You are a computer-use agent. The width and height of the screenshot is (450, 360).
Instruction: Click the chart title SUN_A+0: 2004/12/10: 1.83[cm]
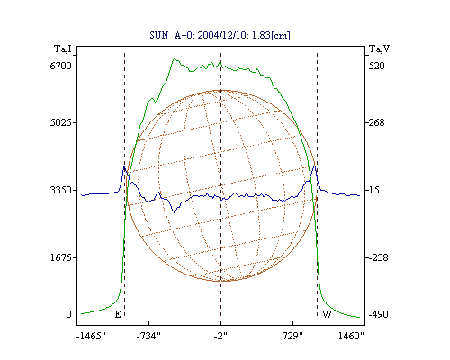[x=220, y=35]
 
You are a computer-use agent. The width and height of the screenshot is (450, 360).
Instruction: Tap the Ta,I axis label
[x=63, y=49]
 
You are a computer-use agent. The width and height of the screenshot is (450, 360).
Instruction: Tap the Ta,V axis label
[x=379, y=49]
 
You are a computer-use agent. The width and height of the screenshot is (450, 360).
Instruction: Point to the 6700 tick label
[x=61, y=66]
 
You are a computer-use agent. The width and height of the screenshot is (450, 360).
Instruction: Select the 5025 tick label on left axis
[x=61, y=122]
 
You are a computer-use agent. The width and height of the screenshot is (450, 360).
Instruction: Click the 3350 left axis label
[x=61, y=190]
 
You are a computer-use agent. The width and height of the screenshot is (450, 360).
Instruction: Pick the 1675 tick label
[x=61, y=257]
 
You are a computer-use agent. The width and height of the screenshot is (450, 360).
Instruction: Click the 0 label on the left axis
[x=68, y=314]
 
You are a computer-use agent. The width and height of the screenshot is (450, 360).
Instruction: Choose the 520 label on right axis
[x=376, y=66]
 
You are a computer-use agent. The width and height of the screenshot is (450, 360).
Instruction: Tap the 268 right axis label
[x=376, y=122]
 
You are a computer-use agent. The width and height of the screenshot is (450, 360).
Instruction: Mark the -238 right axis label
[x=378, y=257]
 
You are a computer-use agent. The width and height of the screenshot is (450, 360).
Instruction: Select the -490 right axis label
[x=378, y=314]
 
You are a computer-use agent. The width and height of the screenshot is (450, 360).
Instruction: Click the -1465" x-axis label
[x=91, y=336]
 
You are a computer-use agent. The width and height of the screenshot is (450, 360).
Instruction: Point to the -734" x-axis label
[x=148, y=336]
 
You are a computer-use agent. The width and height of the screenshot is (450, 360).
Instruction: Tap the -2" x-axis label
[x=220, y=336]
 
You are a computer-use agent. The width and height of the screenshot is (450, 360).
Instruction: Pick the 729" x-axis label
[x=293, y=336]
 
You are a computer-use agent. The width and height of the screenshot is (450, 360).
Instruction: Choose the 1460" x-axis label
[x=351, y=336]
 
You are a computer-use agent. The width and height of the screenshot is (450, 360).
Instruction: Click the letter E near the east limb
[x=118, y=314]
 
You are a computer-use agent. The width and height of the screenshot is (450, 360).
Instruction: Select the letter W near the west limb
[x=327, y=314]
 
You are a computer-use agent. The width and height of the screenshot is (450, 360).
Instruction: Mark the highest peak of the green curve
[x=174, y=58]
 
